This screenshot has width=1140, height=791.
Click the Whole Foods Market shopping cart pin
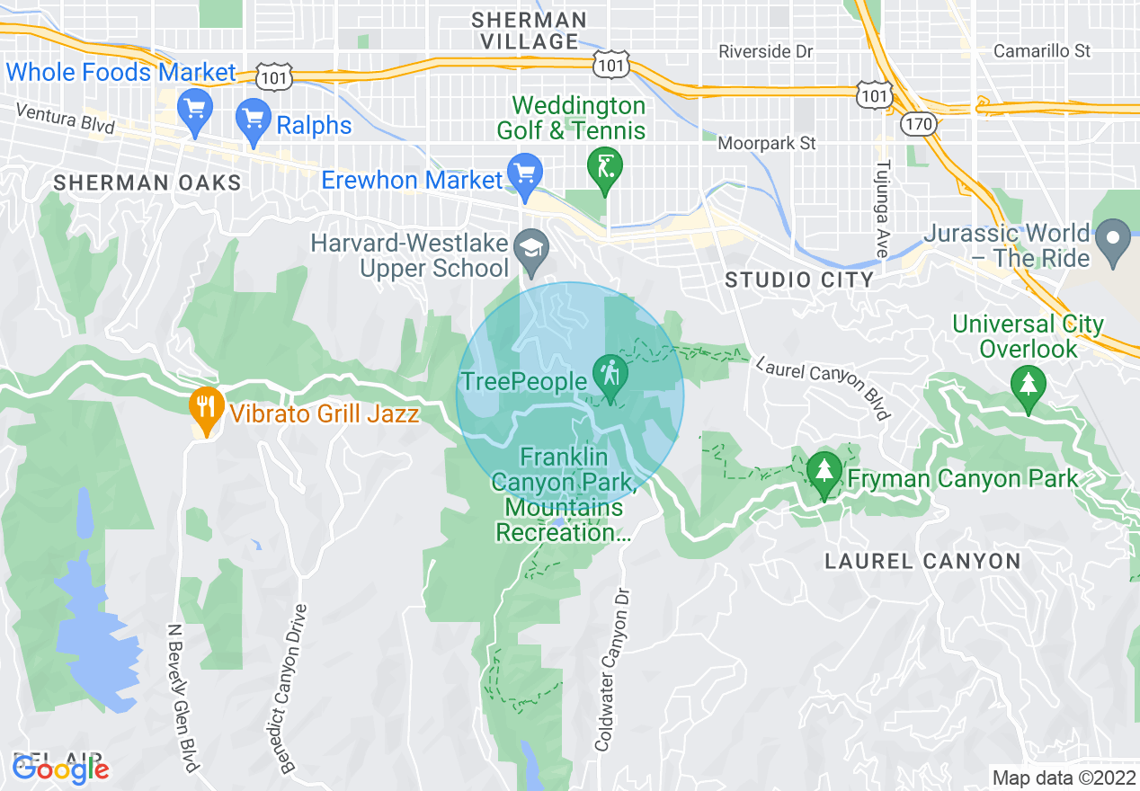click(194, 111)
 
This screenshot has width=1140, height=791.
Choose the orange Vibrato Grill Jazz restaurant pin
click(207, 409)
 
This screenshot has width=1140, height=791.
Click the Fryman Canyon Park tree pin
click(824, 472)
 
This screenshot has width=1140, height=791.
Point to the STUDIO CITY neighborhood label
click(799, 280)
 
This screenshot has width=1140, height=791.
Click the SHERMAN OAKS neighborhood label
click(147, 183)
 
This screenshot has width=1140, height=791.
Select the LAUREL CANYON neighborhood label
click(923, 562)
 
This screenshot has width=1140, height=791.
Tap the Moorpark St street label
click(767, 143)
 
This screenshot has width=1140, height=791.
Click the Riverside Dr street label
click(766, 52)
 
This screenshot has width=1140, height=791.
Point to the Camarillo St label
click(1042, 51)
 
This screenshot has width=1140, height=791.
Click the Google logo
click(60, 769)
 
